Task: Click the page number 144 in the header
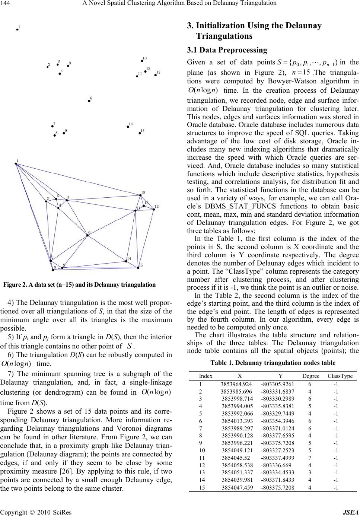click(7, 4)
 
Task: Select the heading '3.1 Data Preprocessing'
click(227, 50)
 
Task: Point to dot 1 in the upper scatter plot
click(17, 29)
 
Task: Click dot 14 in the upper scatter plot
click(128, 127)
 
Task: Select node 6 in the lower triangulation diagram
click(87, 235)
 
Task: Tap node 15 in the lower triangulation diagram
click(138, 265)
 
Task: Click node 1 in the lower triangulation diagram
click(16, 163)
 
